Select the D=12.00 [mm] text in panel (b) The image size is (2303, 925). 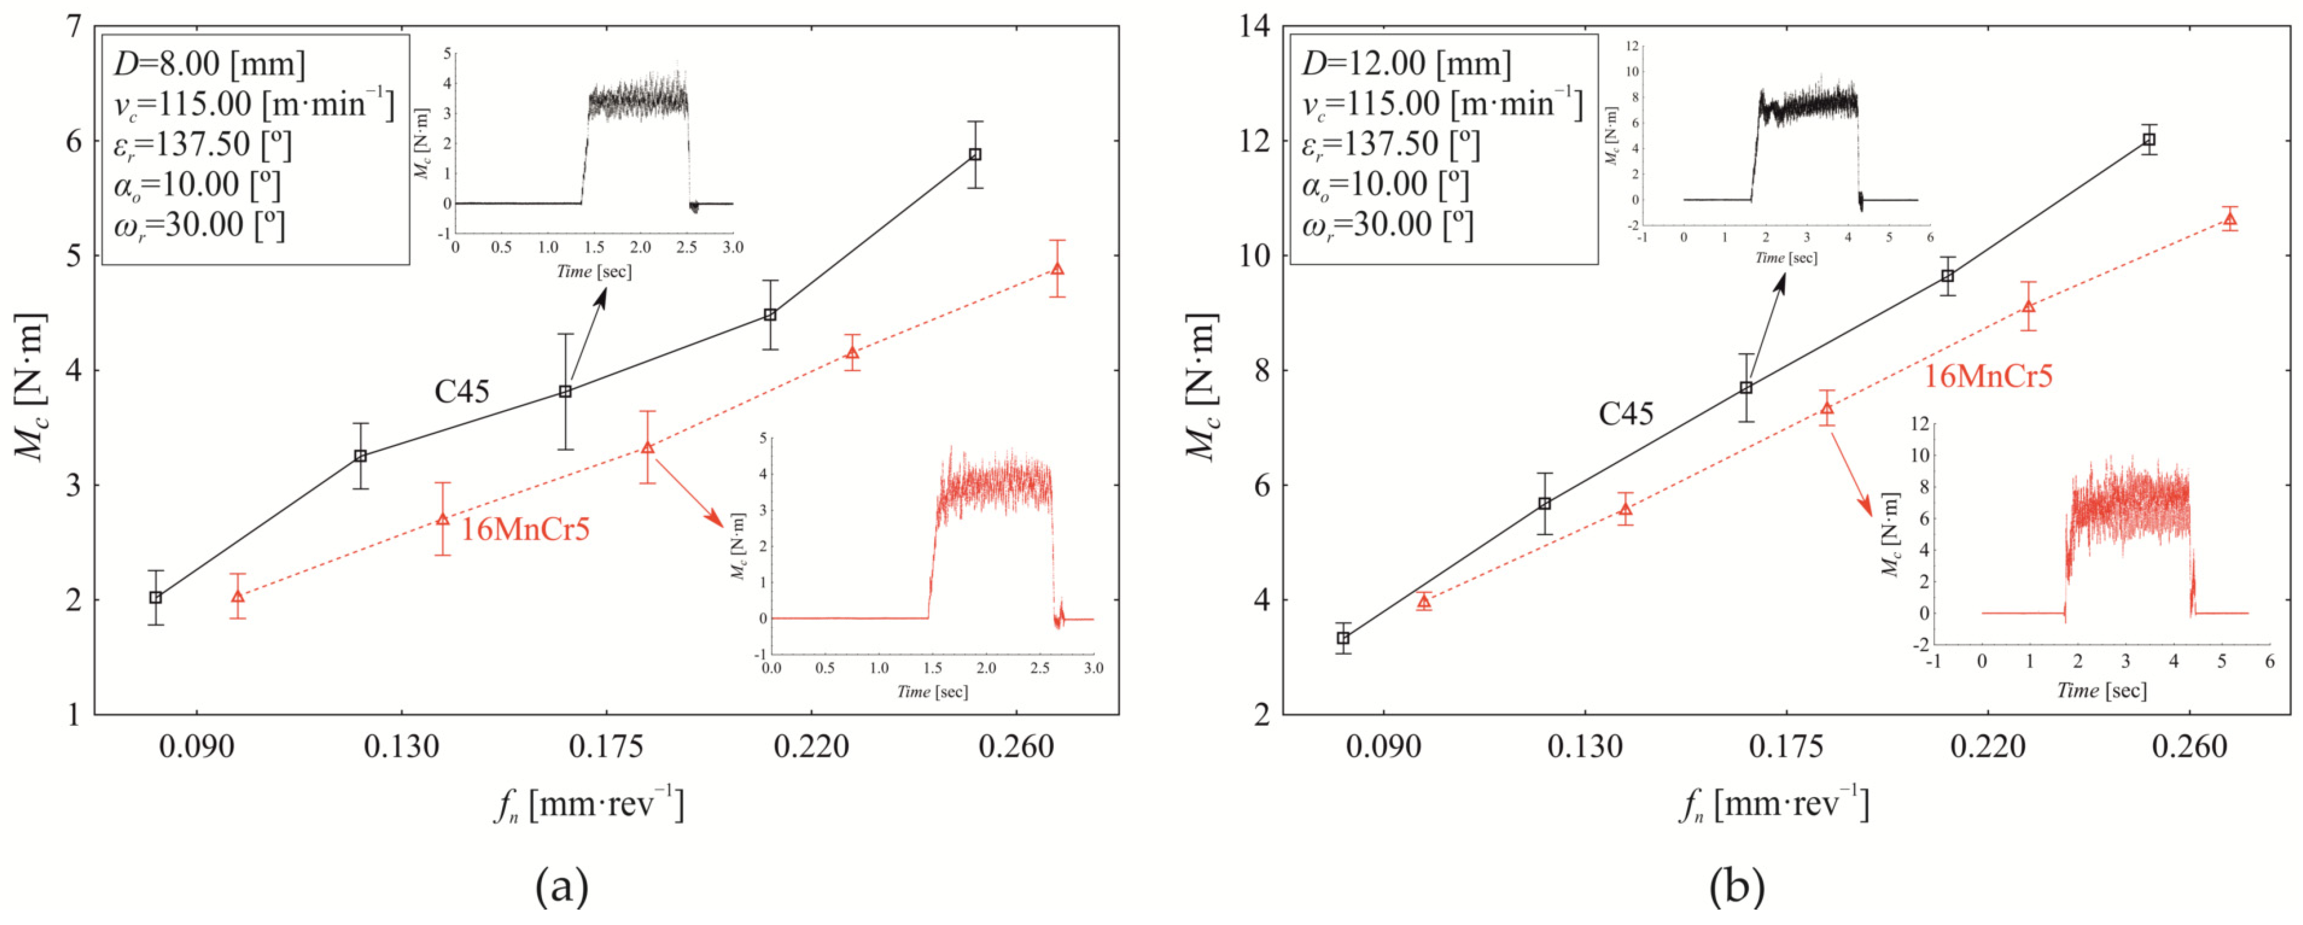(x=1406, y=64)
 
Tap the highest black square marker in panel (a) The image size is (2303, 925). (x=976, y=155)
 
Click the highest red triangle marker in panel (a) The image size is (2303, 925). (x=1057, y=269)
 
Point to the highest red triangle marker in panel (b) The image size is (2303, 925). (x=2230, y=219)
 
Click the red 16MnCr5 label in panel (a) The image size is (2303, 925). (x=525, y=530)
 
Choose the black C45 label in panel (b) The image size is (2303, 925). (x=1625, y=414)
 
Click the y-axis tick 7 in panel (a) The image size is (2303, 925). (x=72, y=27)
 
